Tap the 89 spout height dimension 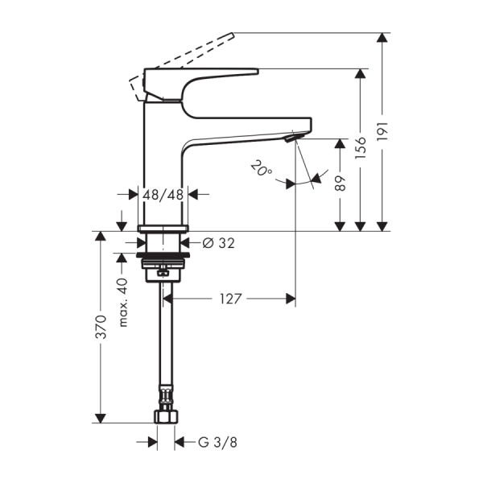coord(341,184)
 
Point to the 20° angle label coord(259,170)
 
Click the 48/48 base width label coord(164,194)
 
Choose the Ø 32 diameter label coord(218,242)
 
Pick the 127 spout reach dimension coord(230,299)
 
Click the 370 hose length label coord(100,326)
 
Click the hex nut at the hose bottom coord(166,418)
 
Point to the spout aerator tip coord(291,140)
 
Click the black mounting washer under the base coord(164,258)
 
